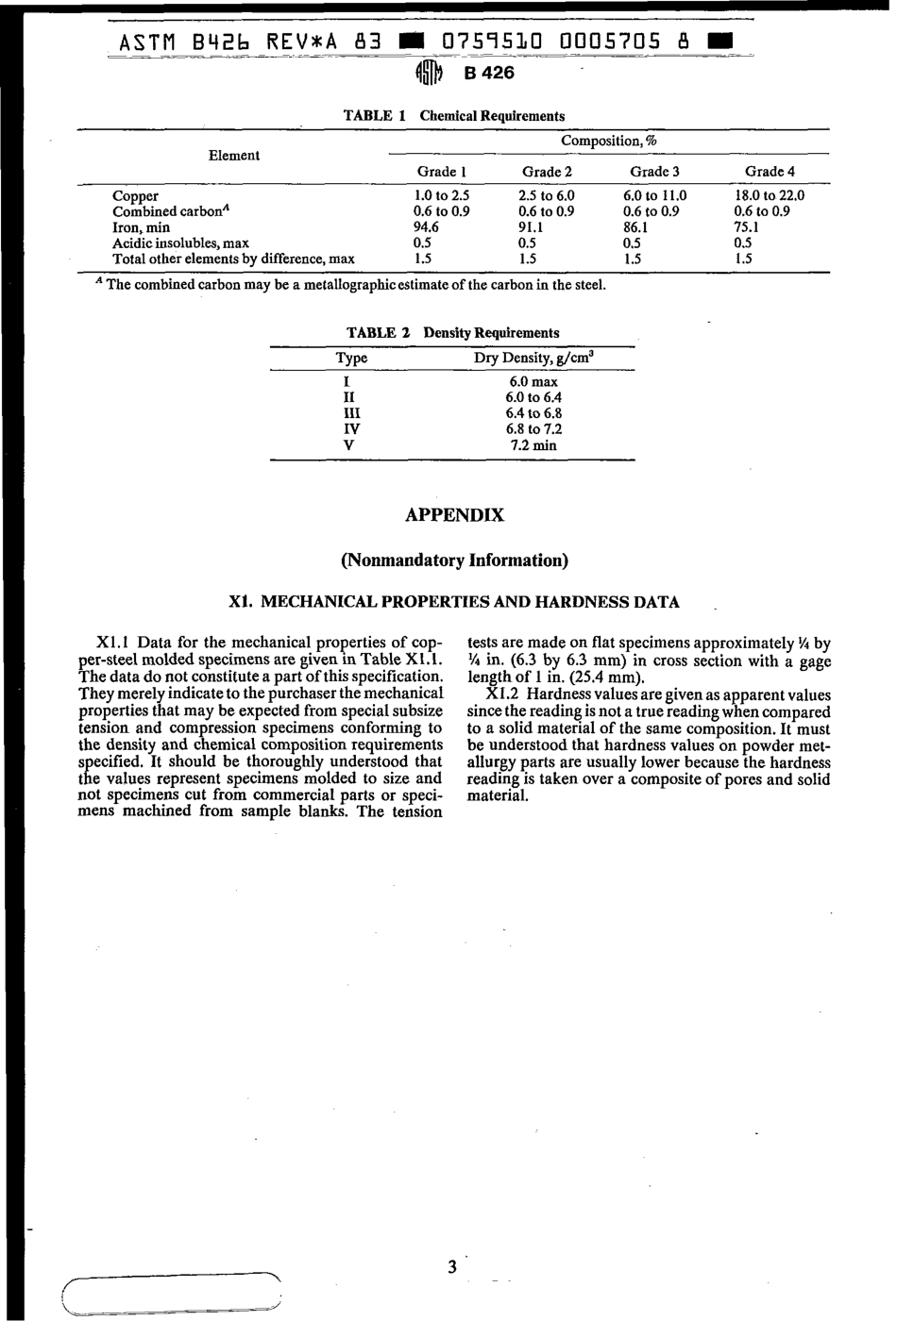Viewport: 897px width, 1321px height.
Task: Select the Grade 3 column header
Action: pyautogui.click(x=654, y=172)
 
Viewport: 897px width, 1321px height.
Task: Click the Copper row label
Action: pyautogui.click(x=135, y=196)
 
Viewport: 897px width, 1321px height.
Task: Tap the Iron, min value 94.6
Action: pyautogui.click(x=426, y=227)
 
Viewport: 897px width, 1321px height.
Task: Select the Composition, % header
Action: pyautogui.click(x=608, y=141)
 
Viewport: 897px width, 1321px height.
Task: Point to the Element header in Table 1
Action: pyautogui.click(x=233, y=156)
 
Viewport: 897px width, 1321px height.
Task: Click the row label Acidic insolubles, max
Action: pyautogui.click(x=180, y=242)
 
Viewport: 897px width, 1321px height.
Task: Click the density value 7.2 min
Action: pyautogui.click(x=533, y=445)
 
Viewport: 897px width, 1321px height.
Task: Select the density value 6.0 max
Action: pyautogui.click(x=533, y=382)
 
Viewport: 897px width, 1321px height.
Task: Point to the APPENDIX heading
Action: pyautogui.click(x=454, y=515)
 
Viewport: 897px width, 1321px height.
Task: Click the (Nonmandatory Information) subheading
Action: pyautogui.click(x=454, y=560)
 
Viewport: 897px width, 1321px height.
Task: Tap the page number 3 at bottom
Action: pyautogui.click(x=452, y=1266)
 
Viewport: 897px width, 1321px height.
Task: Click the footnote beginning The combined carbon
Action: pyautogui.click(x=354, y=285)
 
